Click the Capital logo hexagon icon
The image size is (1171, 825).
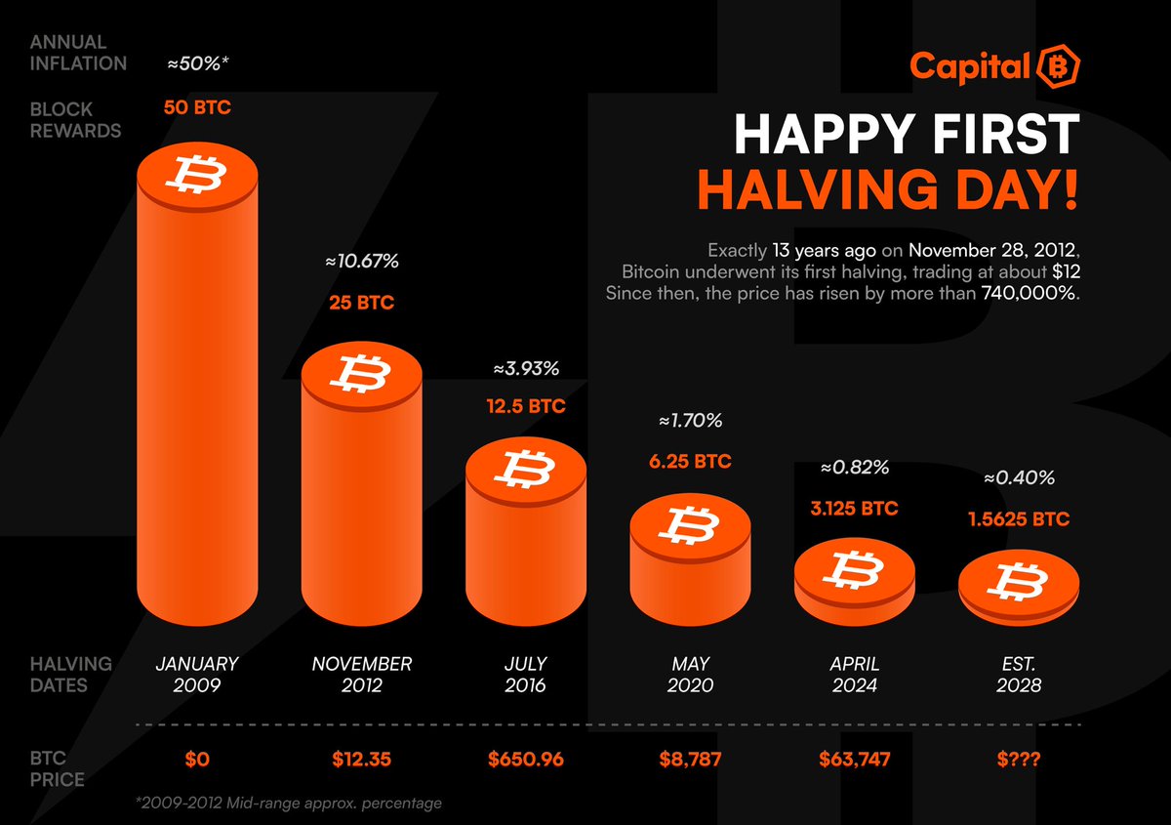(1058, 66)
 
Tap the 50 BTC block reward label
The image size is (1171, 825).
(197, 107)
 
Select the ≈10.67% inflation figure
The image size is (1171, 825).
(362, 262)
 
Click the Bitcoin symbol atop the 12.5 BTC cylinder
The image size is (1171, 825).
(526, 468)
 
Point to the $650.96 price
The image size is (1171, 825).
(526, 758)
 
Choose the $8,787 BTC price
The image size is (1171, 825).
(690, 758)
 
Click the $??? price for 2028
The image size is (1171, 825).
(1019, 758)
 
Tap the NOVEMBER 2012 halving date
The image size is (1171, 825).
(362, 674)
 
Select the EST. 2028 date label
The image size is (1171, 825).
(1019, 674)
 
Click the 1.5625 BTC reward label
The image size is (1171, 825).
(1019, 519)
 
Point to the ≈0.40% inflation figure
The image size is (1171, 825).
(1019, 478)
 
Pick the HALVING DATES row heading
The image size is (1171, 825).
(71, 674)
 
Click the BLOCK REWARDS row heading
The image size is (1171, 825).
(75, 120)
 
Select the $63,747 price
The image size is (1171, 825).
(855, 758)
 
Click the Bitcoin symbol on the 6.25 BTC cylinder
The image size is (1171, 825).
(690, 527)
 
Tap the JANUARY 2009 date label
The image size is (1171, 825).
(197, 674)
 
